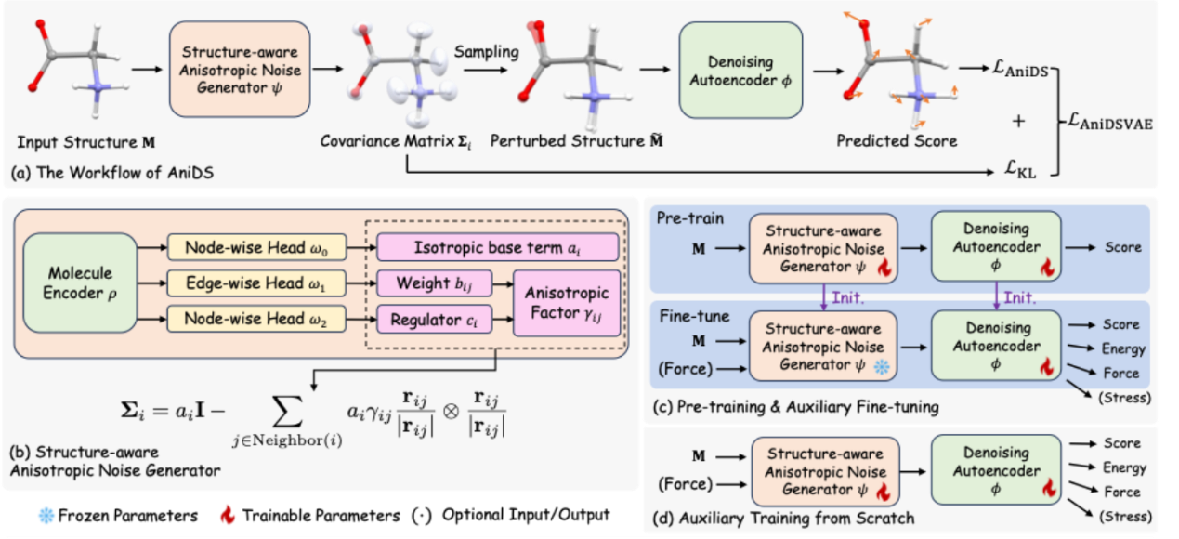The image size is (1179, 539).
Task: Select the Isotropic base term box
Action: click(x=498, y=247)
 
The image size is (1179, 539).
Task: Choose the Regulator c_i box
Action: click(x=438, y=319)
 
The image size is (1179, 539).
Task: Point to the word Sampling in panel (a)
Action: click(x=486, y=52)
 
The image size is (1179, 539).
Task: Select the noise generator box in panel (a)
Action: click(x=237, y=70)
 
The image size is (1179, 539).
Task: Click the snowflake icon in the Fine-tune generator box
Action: click(x=883, y=367)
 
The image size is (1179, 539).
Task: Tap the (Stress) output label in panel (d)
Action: click(x=1125, y=516)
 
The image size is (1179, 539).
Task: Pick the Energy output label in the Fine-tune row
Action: click(x=1125, y=349)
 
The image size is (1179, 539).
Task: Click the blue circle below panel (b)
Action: click(x=46, y=515)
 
